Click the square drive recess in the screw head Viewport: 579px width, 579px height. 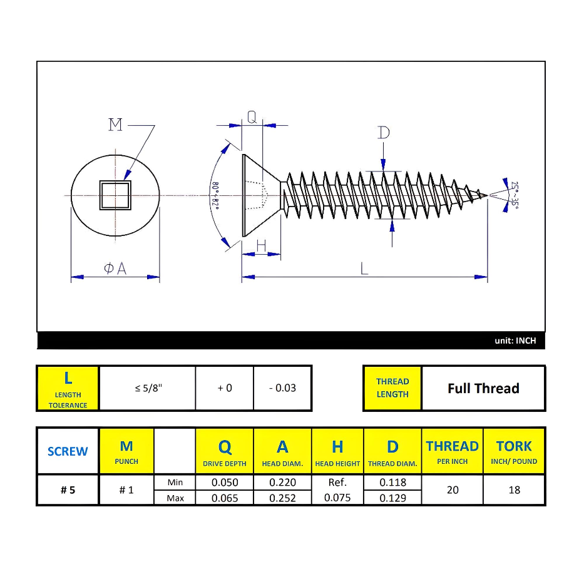(x=115, y=195)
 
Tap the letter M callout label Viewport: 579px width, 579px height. (x=116, y=125)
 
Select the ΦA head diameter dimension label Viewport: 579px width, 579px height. (x=115, y=269)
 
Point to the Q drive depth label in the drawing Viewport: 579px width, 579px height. (x=252, y=116)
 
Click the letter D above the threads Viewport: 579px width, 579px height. (x=384, y=133)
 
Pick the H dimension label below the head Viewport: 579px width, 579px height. (x=261, y=245)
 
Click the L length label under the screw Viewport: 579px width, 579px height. (x=364, y=269)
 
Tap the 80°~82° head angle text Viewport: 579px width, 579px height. (x=215, y=195)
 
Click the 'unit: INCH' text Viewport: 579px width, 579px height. (x=515, y=341)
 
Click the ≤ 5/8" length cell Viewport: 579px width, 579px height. (x=148, y=388)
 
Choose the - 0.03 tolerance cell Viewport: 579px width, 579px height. (x=282, y=388)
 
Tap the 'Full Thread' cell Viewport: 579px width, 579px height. (x=483, y=388)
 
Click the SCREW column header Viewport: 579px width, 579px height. (x=68, y=451)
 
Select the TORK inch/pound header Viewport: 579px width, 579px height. (x=514, y=451)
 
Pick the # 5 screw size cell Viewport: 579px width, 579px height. (x=68, y=490)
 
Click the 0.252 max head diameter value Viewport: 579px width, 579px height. (x=282, y=498)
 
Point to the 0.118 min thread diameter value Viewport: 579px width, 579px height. (x=392, y=483)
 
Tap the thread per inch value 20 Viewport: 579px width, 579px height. (x=453, y=490)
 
